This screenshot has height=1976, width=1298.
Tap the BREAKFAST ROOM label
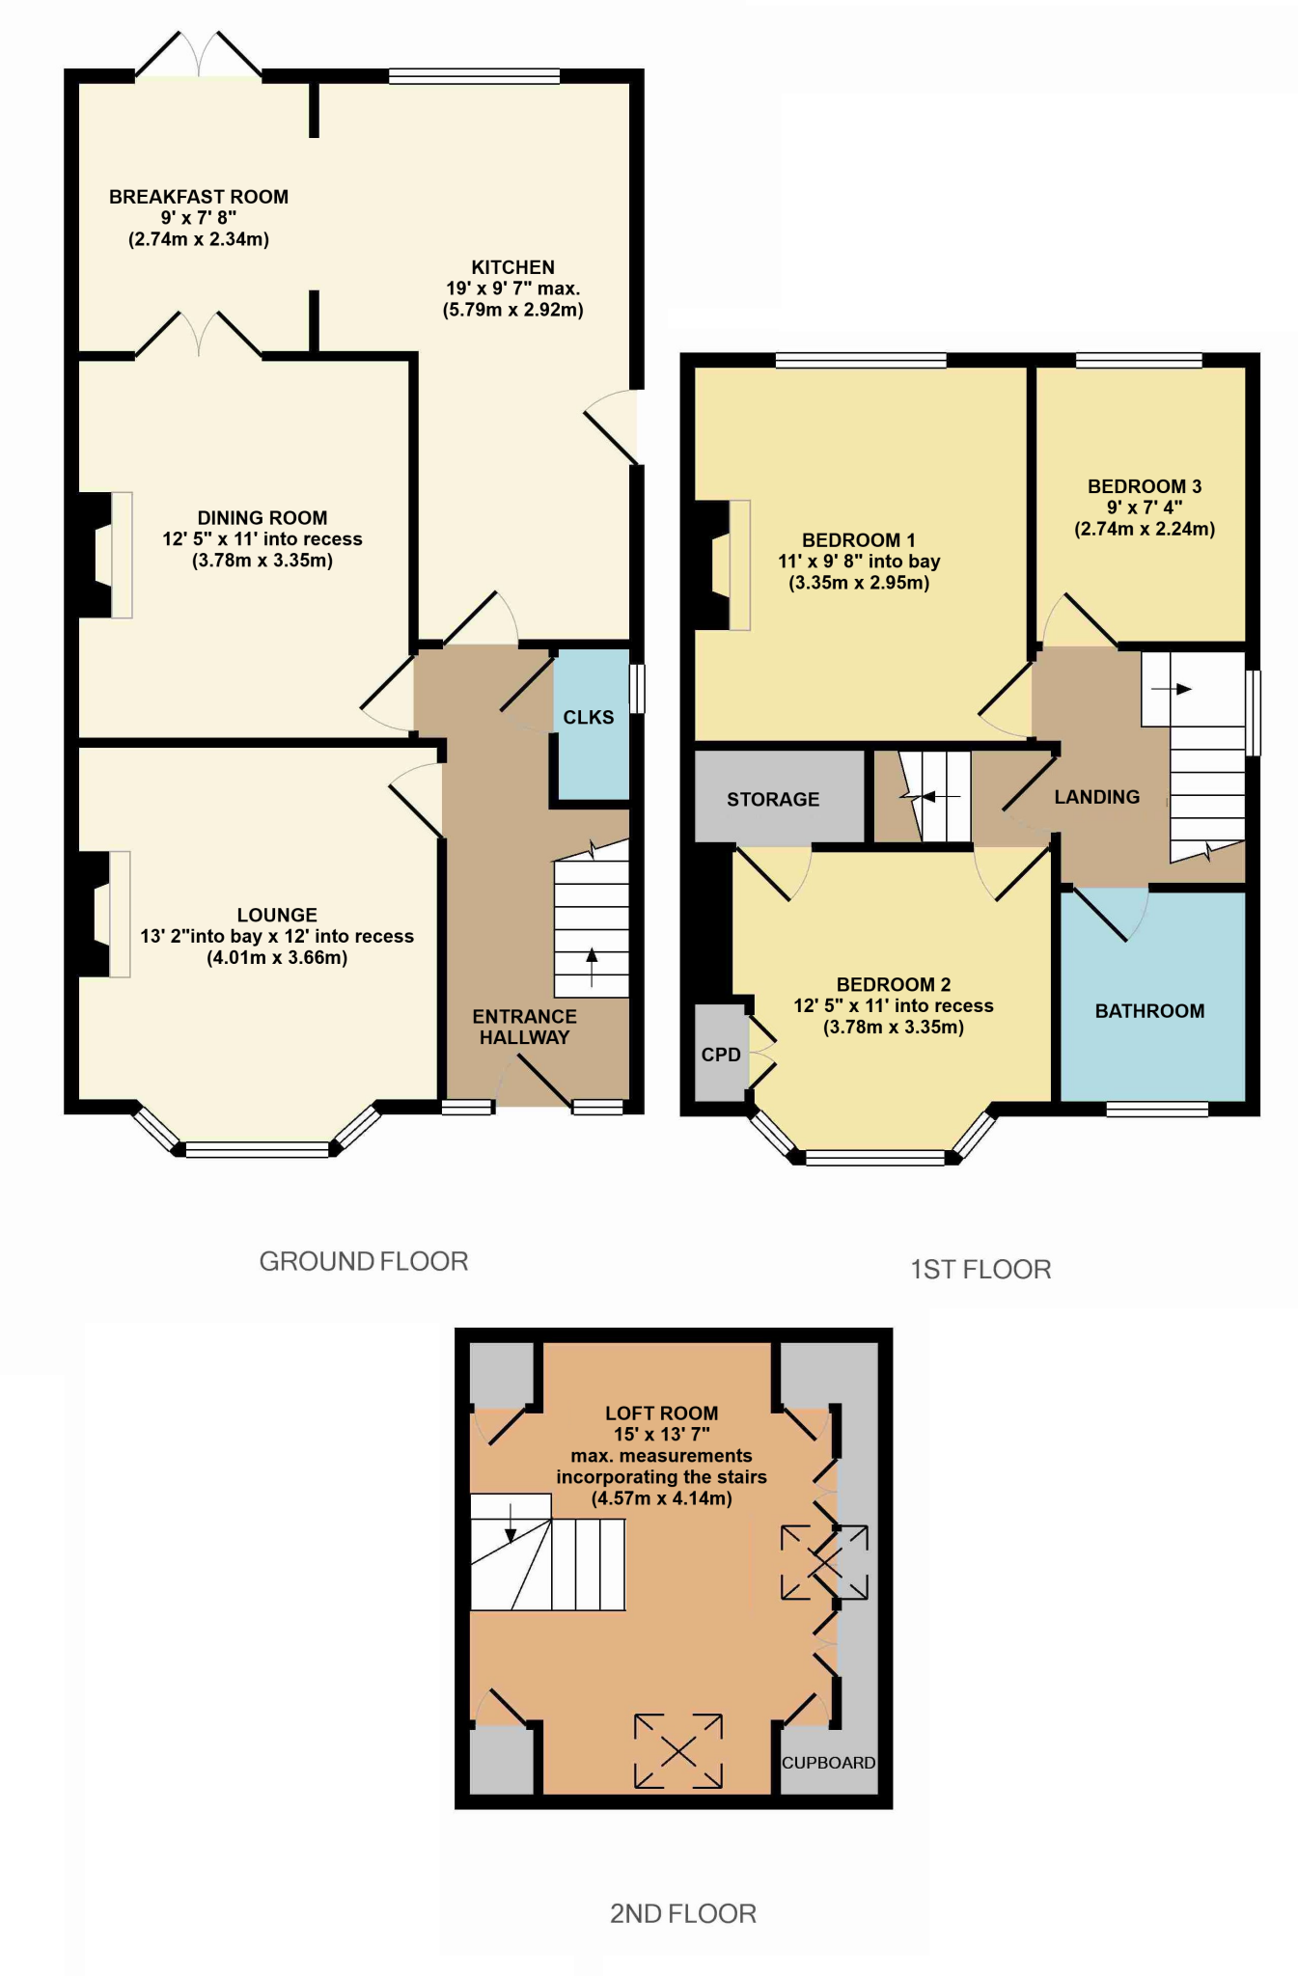pos(199,197)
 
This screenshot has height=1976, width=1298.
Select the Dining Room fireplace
pos(106,555)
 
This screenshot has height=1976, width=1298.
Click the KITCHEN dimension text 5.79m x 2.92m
pos(512,310)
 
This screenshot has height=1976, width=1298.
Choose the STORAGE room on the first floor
pos(773,799)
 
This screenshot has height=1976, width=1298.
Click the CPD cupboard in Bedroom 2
pos(721,1055)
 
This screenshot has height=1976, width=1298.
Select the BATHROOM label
pos(1149,1011)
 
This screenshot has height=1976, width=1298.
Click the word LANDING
pos(1096,797)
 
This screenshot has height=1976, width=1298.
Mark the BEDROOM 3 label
pos(1145,486)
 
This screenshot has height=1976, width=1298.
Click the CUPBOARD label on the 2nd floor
pos(828,1763)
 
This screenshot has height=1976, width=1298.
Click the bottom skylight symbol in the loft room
pos(677,1750)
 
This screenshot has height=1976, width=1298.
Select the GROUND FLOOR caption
pos(364,1261)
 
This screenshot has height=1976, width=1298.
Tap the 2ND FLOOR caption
pos(682,1913)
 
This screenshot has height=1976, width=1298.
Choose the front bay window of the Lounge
pos(257,1147)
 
